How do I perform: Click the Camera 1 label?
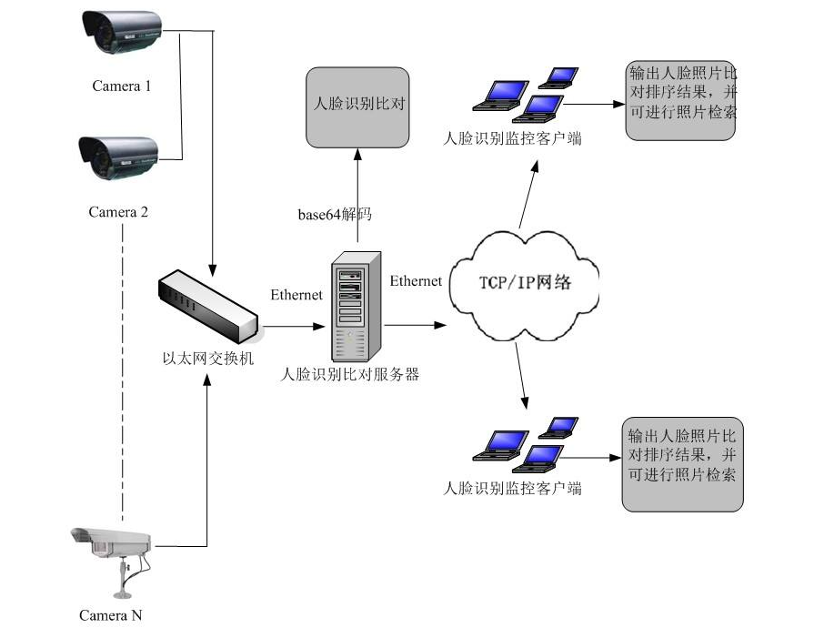click(121, 86)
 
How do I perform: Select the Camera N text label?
click(110, 615)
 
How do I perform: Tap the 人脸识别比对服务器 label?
click(350, 374)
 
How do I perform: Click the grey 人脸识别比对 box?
click(357, 106)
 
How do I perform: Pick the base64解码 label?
click(335, 216)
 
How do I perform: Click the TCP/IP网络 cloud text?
click(525, 282)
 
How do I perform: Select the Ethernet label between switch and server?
click(296, 295)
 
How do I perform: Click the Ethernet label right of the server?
click(416, 281)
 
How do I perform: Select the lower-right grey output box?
click(682, 464)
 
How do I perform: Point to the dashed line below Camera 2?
click(123, 364)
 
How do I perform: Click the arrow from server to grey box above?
click(357, 196)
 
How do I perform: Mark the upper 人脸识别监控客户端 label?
click(511, 139)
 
